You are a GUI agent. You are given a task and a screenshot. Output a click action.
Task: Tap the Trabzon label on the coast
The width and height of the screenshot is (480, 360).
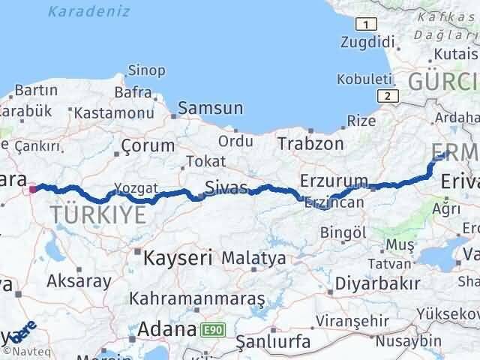click(x=310, y=143)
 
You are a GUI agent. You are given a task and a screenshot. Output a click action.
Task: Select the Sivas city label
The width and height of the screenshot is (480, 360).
click(x=227, y=187)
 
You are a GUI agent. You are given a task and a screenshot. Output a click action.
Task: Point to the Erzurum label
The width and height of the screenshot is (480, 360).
click(x=334, y=181)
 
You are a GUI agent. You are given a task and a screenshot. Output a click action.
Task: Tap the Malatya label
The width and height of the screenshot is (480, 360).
click(x=254, y=259)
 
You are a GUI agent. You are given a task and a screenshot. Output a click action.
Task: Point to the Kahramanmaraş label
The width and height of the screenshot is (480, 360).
click(x=197, y=298)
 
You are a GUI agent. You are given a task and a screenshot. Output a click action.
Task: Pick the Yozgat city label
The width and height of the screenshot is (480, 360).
click(x=136, y=187)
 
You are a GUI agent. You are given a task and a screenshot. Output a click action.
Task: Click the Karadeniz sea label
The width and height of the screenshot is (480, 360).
click(x=88, y=12)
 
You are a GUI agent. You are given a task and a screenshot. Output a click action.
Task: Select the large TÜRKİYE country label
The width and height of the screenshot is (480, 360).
click(x=99, y=216)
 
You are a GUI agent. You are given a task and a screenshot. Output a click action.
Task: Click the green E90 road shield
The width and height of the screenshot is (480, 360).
click(x=211, y=328)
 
